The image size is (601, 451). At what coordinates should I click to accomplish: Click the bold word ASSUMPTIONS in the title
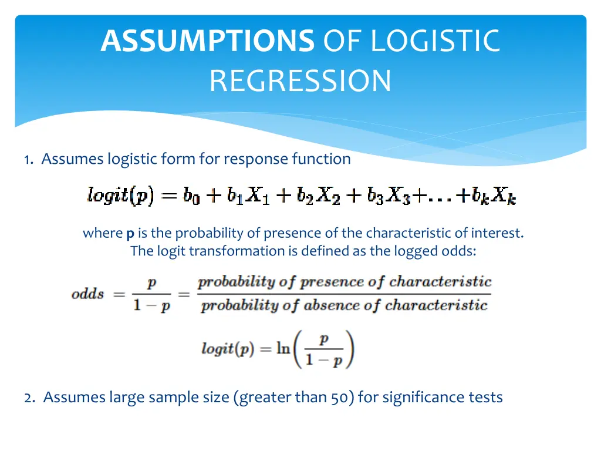point(207,41)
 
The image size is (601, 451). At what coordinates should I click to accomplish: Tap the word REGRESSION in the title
point(300,80)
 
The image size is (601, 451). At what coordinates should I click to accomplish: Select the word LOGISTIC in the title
point(435,41)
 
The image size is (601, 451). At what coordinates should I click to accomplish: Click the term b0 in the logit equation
point(191,196)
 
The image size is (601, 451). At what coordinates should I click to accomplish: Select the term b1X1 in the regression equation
point(245,196)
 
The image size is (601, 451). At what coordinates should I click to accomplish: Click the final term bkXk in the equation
point(494,196)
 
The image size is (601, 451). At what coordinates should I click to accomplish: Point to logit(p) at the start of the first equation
point(120,196)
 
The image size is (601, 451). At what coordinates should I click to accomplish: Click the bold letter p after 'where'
point(130,234)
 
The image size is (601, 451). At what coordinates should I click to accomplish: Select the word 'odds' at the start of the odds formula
point(87,294)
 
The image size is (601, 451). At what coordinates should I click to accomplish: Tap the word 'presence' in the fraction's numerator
point(332,282)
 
